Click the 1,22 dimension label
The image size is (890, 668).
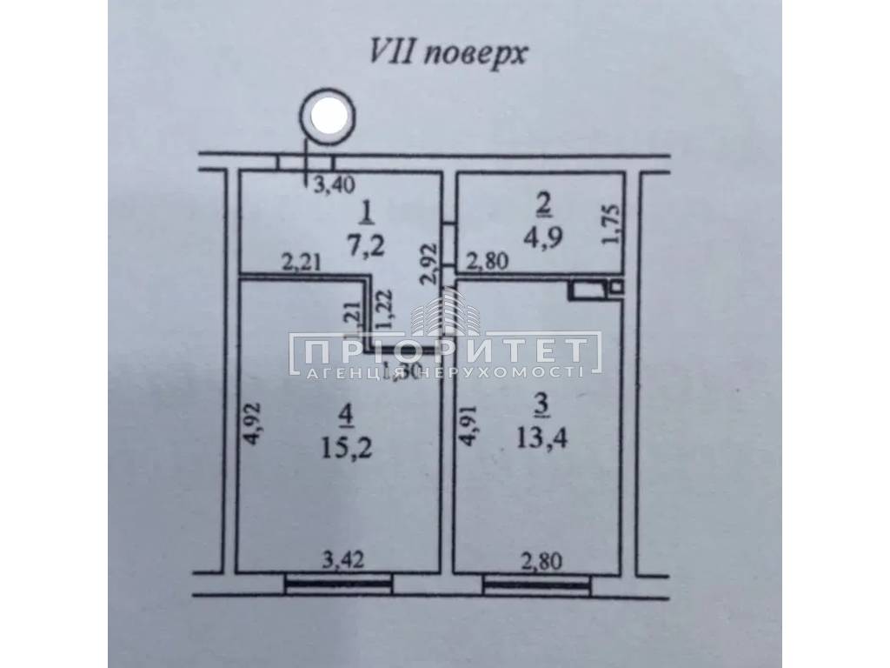pos(382,309)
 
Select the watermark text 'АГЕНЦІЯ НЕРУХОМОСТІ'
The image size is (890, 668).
pos(445,372)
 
